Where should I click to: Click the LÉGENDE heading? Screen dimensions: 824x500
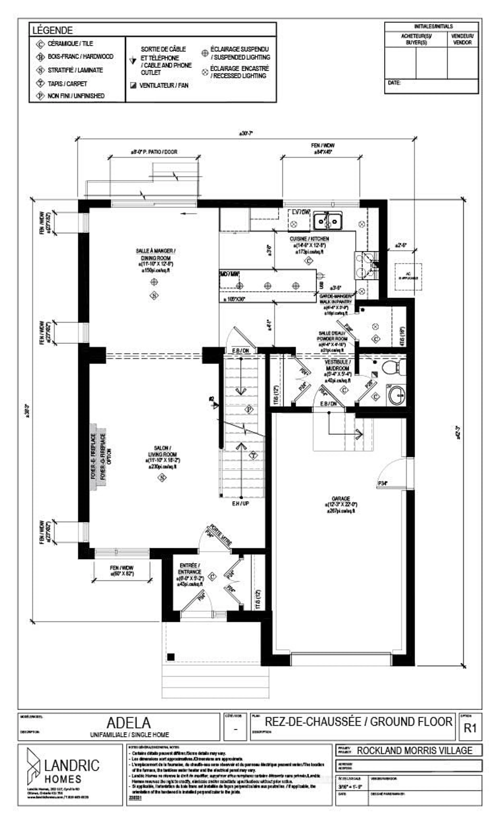click(x=52, y=30)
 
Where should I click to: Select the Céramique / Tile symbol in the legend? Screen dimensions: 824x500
click(x=40, y=44)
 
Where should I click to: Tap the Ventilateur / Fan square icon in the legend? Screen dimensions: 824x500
click(x=133, y=85)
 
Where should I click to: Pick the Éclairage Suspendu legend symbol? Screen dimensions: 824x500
click(x=205, y=53)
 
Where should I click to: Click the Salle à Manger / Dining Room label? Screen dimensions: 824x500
click(x=155, y=254)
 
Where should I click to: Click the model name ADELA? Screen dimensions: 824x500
click(x=129, y=723)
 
